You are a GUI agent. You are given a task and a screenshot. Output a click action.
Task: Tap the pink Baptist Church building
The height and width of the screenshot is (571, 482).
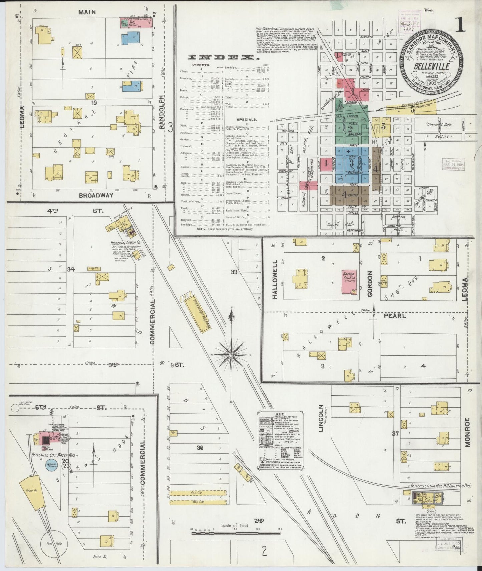[349, 282]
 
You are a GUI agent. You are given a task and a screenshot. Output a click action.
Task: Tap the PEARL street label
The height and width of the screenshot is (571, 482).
[395, 315]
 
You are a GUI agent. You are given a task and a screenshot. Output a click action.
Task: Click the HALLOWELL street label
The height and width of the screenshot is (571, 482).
[275, 279]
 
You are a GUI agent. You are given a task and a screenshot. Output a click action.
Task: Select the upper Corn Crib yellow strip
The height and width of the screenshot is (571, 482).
[195, 492]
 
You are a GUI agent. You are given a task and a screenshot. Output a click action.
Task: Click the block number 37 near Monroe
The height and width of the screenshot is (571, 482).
[396, 434]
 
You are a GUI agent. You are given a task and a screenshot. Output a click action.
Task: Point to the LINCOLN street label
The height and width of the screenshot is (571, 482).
[321, 418]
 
